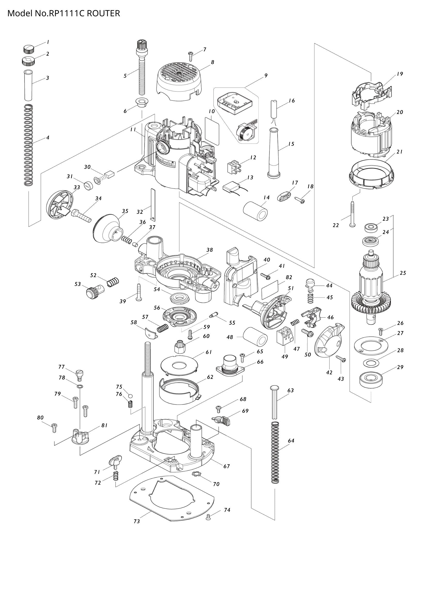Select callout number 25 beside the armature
pyautogui.click(x=403, y=273)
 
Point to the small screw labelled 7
pyautogui.click(x=191, y=56)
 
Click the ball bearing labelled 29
pyautogui.click(x=371, y=380)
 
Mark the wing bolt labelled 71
pyautogui.click(x=115, y=462)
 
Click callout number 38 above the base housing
pyautogui.click(x=209, y=250)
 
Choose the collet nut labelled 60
pyautogui.click(x=179, y=347)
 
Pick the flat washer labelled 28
pyautogui.click(x=371, y=363)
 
